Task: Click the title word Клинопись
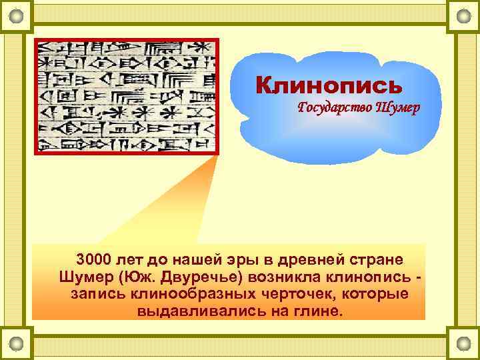329,86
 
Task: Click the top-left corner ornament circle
17,15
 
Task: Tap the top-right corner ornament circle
463,15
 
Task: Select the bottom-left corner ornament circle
17,343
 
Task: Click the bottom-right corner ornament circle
463,343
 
